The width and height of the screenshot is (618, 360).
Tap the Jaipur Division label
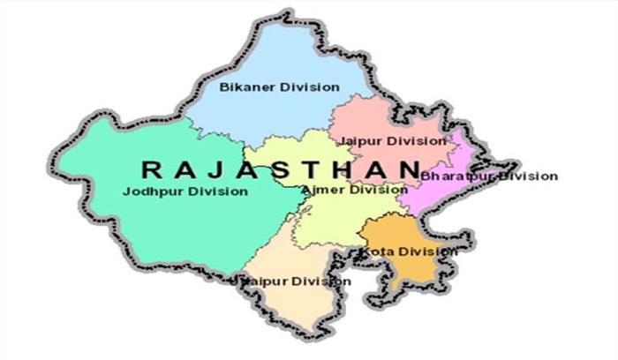(388, 141)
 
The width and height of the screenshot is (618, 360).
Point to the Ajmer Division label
(353, 190)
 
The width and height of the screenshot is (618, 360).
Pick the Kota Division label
(407, 251)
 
